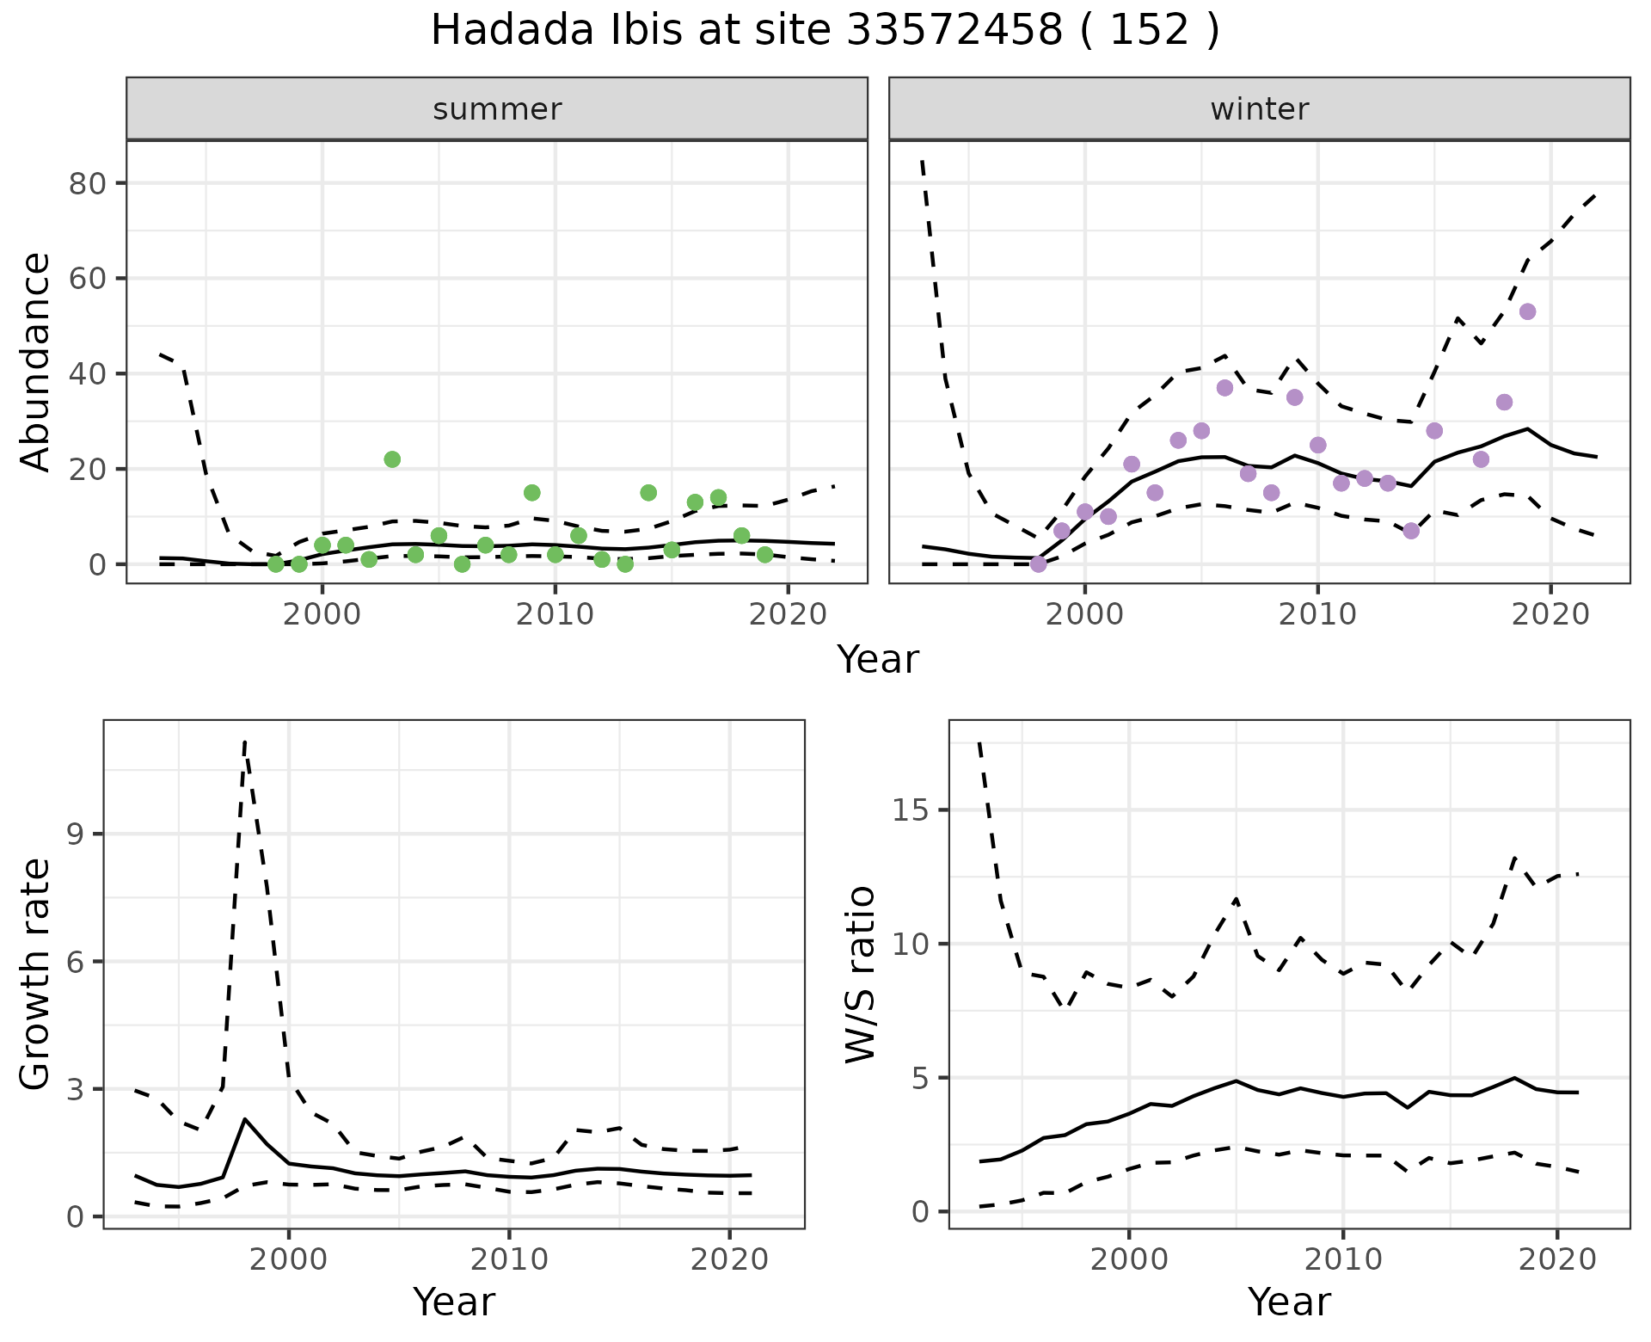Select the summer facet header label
point(497,109)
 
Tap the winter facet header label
point(1259,109)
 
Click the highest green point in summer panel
point(392,459)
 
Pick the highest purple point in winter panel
point(1527,311)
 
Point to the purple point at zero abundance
point(1038,564)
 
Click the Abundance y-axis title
point(36,361)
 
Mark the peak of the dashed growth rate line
point(245,742)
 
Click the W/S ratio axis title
point(860,974)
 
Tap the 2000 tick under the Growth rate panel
point(289,1259)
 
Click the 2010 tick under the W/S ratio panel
point(1342,1259)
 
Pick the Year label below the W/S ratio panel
point(1289,1302)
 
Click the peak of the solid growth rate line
point(245,1119)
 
